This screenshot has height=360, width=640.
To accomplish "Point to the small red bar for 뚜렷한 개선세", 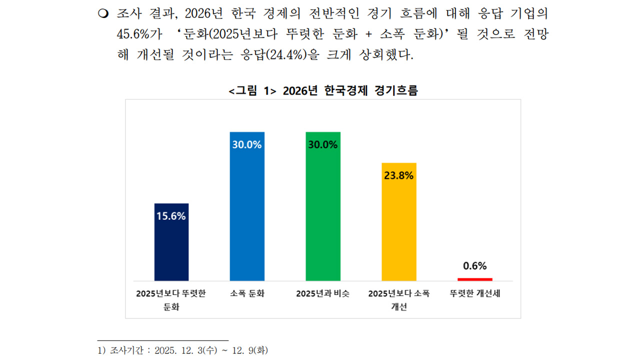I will pyautogui.click(x=474, y=279).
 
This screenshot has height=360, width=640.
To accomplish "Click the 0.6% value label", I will pyautogui.click(x=474, y=266).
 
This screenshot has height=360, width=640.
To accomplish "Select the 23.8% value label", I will pyautogui.click(x=398, y=175).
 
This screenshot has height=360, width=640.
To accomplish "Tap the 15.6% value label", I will pyautogui.click(x=171, y=216).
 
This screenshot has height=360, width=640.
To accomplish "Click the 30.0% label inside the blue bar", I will pyautogui.click(x=247, y=145).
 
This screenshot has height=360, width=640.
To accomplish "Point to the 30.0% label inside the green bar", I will pyautogui.click(x=323, y=145).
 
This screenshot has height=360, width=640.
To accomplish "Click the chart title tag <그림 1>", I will pyautogui.click(x=252, y=90).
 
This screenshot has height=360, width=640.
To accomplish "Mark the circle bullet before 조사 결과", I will pyautogui.click(x=103, y=13).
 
